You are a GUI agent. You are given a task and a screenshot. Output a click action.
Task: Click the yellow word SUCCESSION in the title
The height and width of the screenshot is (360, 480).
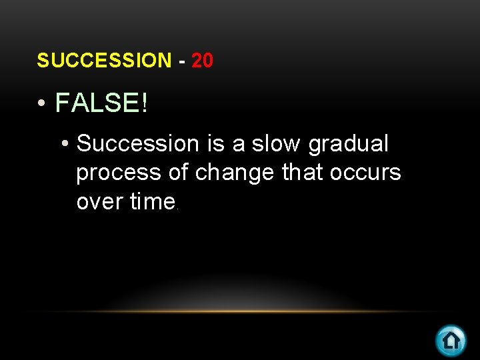(104, 61)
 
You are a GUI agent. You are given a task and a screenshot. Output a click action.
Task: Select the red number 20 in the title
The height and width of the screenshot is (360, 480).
(202, 61)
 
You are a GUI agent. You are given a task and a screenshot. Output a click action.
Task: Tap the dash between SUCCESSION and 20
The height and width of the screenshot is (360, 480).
(182, 61)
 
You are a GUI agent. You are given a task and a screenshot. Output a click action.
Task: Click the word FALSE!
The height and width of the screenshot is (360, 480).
(102, 103)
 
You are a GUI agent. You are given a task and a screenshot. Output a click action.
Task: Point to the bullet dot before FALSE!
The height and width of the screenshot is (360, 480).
(42, 104)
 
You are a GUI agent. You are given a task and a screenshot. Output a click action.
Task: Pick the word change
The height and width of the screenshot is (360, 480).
(235, 173)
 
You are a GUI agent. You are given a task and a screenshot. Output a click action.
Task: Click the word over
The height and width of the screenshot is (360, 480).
(101, 202)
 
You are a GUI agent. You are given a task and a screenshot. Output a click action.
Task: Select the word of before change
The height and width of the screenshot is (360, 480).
(179, 173)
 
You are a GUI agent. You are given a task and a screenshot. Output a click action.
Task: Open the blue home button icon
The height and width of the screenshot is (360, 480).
(451, 341)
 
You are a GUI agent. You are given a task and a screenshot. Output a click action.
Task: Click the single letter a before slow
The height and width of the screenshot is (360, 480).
(239, 145)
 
